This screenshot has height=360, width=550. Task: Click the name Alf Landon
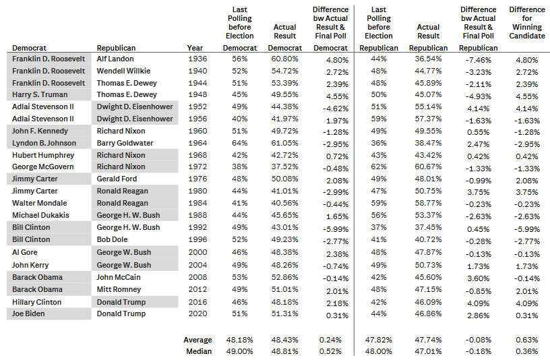115,59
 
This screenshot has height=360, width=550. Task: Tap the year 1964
197,143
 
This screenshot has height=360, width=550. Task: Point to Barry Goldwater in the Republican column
125,143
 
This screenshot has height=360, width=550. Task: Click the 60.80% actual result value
284,59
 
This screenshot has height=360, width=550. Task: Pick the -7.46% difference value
478,60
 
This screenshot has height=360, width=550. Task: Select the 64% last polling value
239,143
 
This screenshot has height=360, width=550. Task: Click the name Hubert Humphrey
43,155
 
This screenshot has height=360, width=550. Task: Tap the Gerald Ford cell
117,179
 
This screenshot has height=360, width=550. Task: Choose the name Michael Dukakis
40,215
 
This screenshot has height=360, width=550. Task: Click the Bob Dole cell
113,239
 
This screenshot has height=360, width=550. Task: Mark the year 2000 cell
197,252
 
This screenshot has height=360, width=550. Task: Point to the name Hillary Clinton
36,302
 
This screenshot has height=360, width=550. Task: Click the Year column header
195,48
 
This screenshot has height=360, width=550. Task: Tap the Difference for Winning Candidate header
527,22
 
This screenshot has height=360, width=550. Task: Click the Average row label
197,340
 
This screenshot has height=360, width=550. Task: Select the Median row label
199,351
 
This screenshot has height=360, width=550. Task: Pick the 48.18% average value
239,340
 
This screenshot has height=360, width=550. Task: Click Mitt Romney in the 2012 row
119,289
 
